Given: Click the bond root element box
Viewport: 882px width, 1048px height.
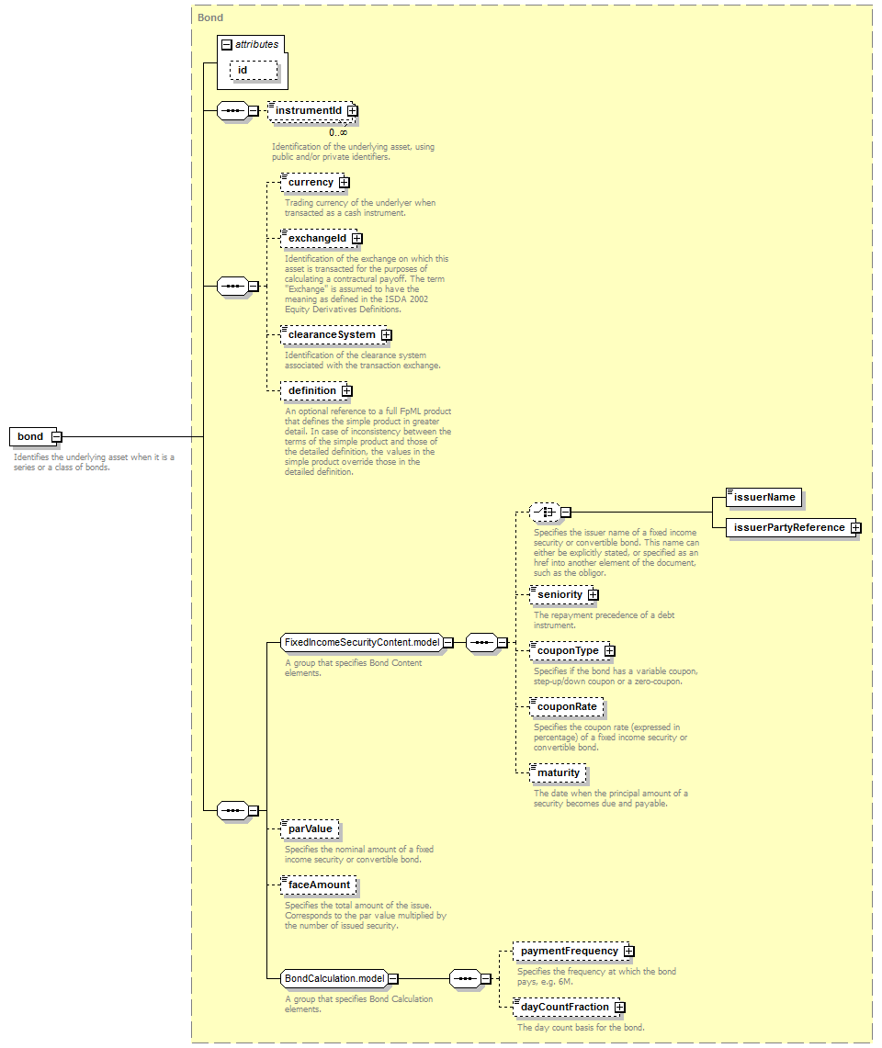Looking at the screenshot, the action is coord(32,436).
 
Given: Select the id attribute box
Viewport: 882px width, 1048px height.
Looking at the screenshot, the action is coord(254,70).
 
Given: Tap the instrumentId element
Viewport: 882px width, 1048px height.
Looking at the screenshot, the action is coord(311,111).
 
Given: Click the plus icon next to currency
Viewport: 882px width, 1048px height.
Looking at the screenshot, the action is coord(344,183).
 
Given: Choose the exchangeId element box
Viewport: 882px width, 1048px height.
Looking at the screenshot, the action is coord(321,239).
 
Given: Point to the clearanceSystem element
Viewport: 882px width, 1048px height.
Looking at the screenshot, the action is coord(335,335).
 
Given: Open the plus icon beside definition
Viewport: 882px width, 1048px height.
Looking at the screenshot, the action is coord(347,391).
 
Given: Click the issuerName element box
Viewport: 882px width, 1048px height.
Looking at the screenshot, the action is coord(763,497).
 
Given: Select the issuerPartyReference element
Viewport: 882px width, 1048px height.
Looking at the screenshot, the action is coord(793,527).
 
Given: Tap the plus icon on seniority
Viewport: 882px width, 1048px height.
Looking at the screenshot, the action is coord(594,595).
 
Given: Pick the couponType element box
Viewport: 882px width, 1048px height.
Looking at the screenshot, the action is coord(571,651).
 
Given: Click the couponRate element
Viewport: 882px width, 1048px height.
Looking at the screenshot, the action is coord(566,707).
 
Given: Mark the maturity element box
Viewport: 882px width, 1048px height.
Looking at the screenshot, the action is coord(558,773).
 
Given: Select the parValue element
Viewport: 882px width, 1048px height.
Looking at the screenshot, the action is coord(310,829).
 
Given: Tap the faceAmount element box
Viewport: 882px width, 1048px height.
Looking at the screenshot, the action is coord(318,885).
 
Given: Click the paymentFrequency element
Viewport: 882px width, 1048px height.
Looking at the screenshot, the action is coord(573,951).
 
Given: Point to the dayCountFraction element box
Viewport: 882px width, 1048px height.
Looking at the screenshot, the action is coord(569,1008).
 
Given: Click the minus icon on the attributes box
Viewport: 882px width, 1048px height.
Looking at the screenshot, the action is coord(227,45).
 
